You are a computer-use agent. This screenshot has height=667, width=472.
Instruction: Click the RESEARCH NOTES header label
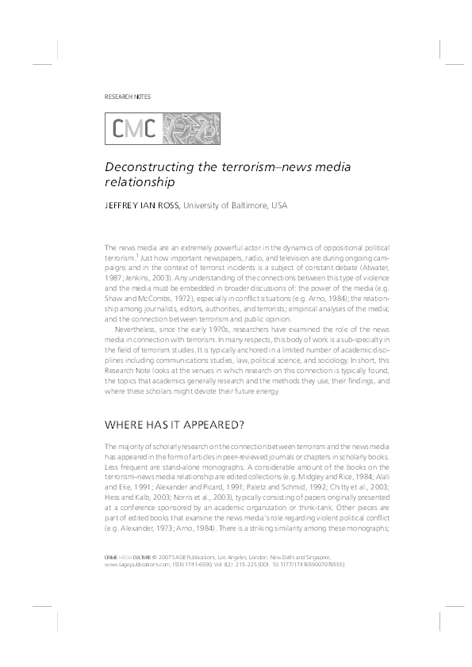coord(128,97)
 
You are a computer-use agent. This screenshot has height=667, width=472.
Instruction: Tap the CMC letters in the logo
coord(133,127)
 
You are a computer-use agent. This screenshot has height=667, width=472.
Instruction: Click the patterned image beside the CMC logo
coord(190,127)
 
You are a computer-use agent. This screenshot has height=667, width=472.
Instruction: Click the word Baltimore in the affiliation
coord(245,207)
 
